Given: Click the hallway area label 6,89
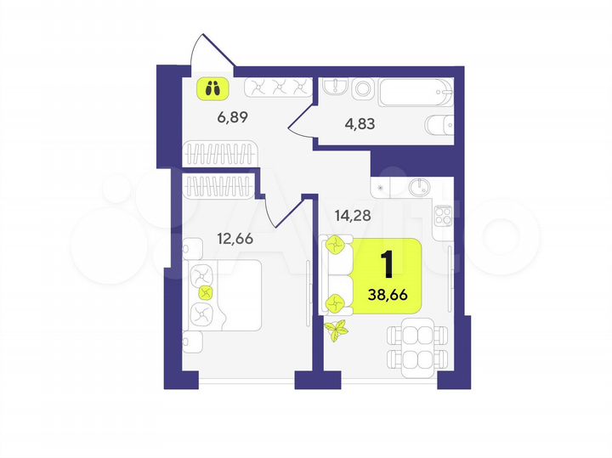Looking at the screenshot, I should click(232, 118).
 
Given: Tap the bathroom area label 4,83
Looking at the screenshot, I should click(360, 123).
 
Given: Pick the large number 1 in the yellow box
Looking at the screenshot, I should click(387, 265).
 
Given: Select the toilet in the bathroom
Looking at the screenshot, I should click(437, 126).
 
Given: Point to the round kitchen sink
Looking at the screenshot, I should click(420, 185).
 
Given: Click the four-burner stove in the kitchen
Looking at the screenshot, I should click(443, 218).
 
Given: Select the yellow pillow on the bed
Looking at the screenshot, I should click(204, 293).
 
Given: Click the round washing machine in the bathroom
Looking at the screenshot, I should click(365, 88).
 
